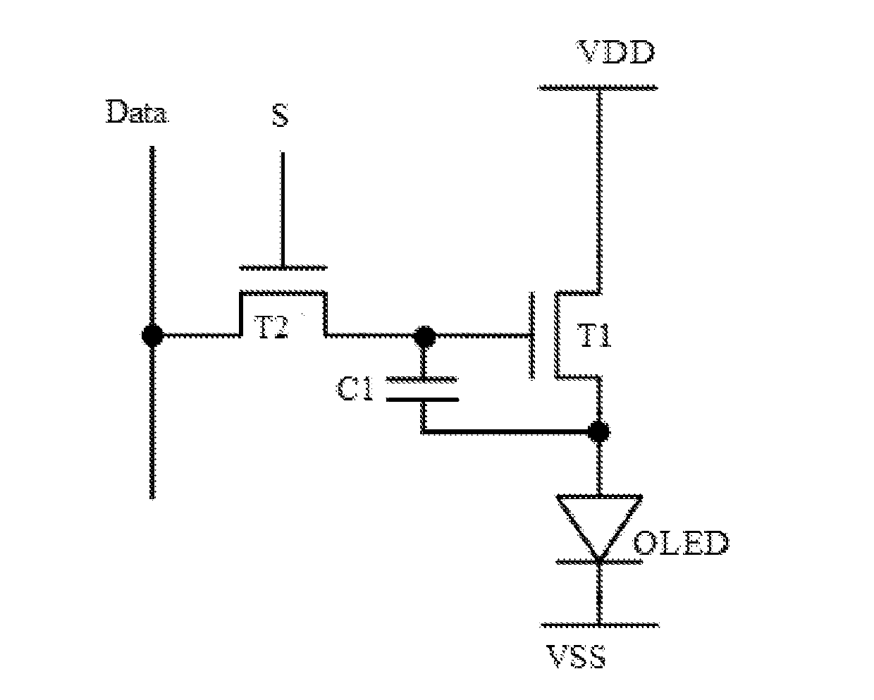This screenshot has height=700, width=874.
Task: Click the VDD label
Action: coord(616,52)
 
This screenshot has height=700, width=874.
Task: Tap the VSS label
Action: coord(576,656)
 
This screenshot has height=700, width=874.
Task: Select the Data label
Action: coord(137,111)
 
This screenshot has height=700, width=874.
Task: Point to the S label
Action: coord(281,115)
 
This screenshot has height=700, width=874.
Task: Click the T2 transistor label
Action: coord(271,328)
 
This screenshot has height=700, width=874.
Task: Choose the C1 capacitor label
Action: coord(355,389)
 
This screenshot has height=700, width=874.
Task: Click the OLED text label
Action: coord(682,544)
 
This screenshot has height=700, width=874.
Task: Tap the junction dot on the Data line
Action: coord(153,336)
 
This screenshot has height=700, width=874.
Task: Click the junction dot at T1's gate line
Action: coord(424,336)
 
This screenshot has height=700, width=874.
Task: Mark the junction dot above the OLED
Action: coord(598,431)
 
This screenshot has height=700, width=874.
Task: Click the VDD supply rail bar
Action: coord(598,87)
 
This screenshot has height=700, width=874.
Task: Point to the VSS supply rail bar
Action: coord(599,626)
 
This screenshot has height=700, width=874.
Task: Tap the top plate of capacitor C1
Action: coord(422,380)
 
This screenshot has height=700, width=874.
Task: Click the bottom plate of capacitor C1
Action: coord(422,400)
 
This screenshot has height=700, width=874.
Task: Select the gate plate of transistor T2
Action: coord(283,268)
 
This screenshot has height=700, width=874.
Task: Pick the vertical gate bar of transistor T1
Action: coord(531,336)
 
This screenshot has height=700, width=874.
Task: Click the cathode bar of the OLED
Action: coord(599,562)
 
